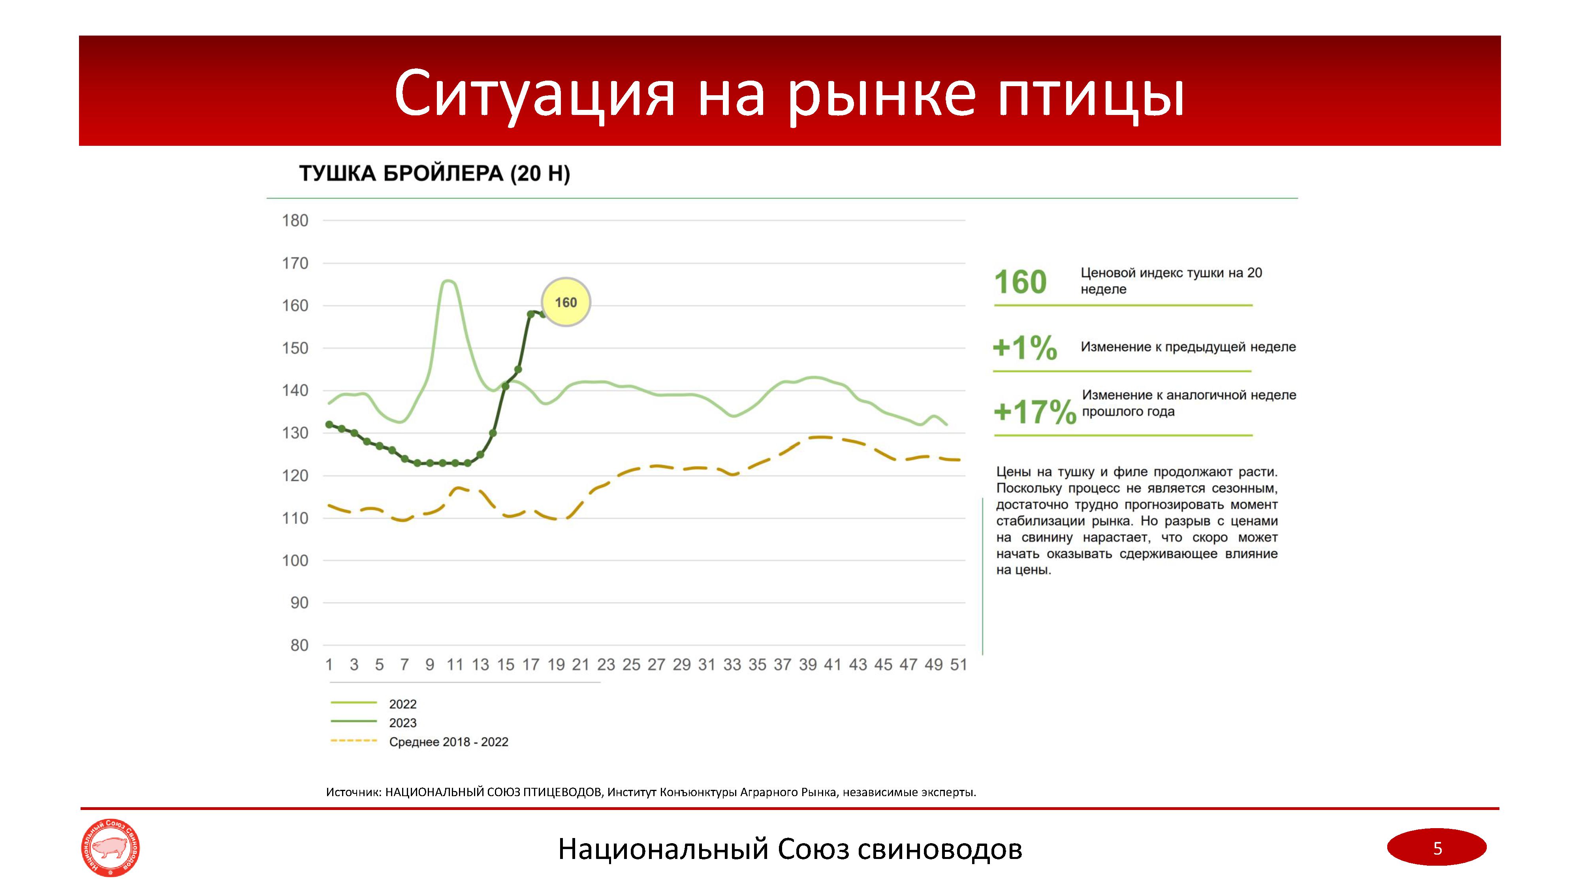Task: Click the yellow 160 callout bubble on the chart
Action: click(566, 302)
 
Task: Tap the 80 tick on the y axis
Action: click(299, 646)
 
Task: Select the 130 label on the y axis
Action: click(295, 433)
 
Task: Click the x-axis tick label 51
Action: click(958, 665)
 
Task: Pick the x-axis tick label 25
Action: click(631, 665)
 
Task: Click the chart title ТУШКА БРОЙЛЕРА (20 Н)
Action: click(434, 173)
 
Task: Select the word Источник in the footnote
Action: click(353, 793)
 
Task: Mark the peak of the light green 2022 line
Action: click(448, 281)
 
